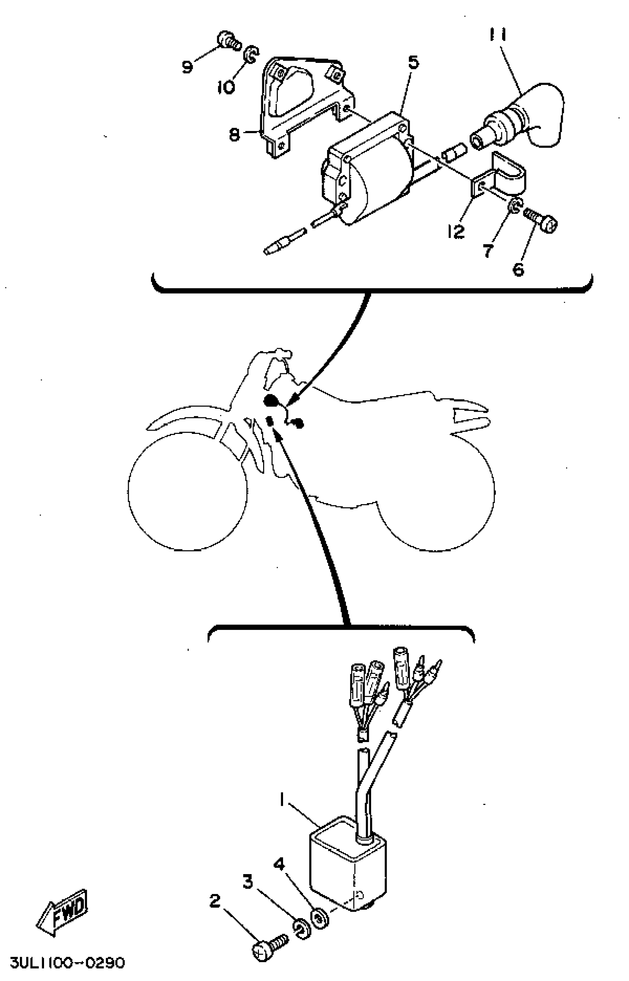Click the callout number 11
498,35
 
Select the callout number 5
413,63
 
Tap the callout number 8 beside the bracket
234,134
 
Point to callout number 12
455,232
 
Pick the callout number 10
226,87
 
